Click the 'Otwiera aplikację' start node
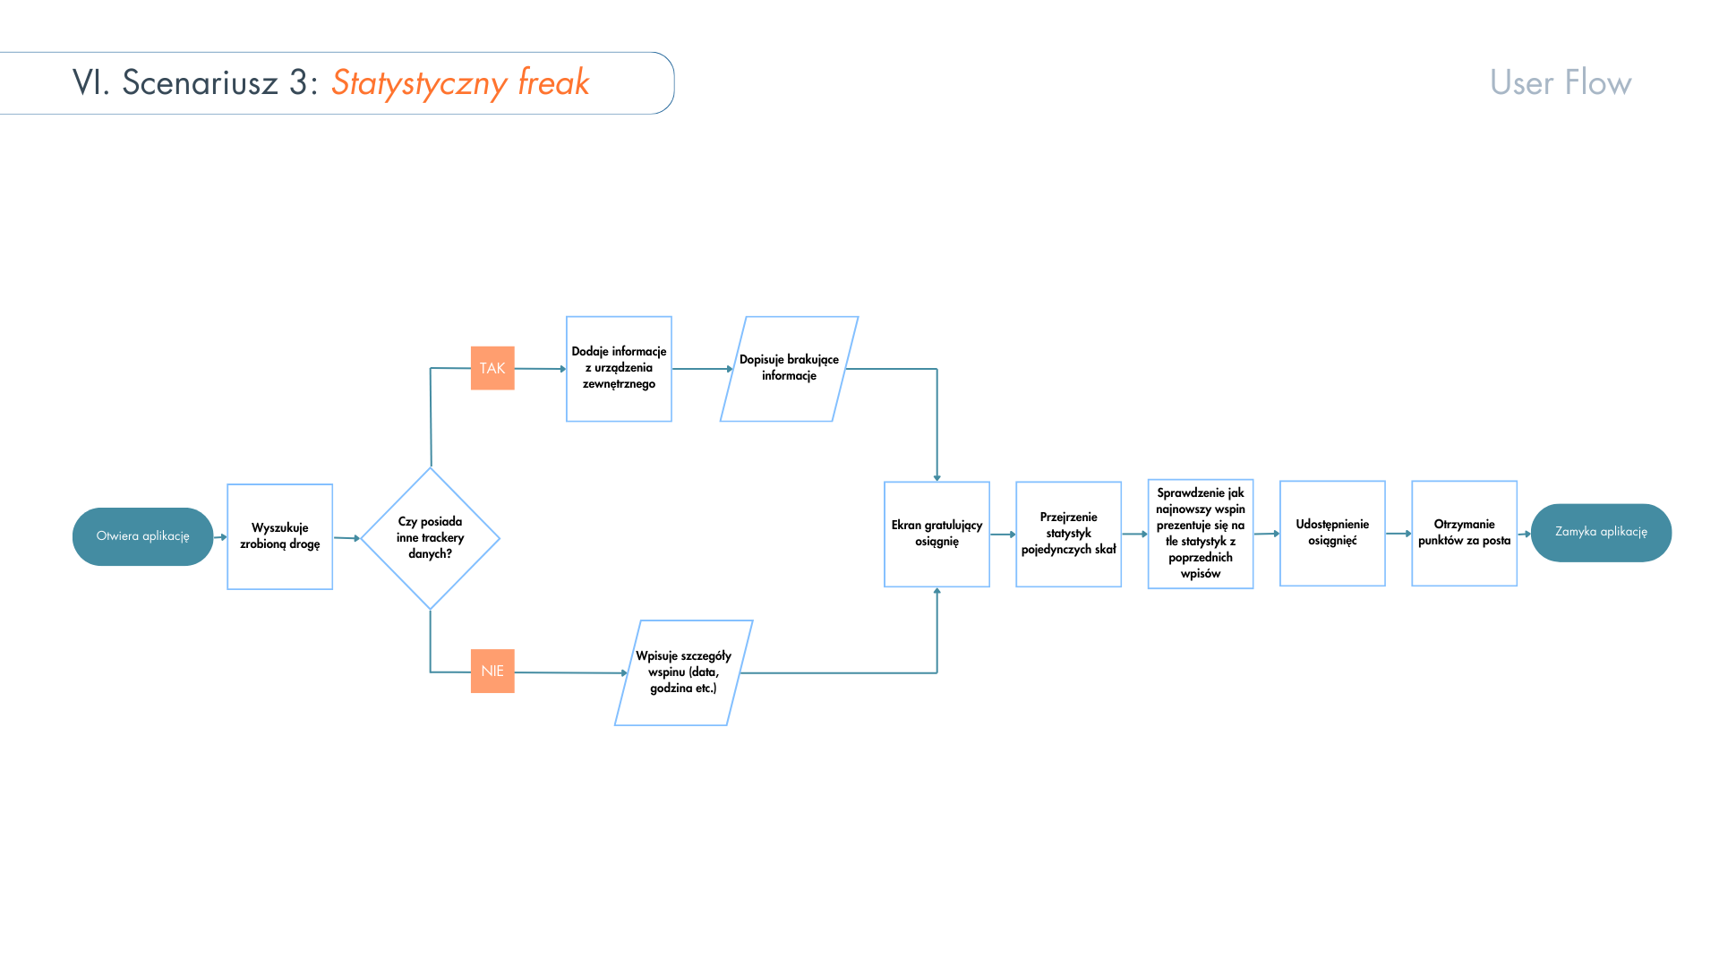[x=142, y=536]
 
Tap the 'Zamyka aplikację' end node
[x=1601, y=533]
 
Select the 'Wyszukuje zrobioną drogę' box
[x=279, y=536]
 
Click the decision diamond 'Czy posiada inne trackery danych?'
[x=430, y=538]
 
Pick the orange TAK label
[x=492, y=368]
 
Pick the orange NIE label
[x=492, y=671]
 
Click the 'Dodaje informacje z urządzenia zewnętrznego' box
[x=619, y=368]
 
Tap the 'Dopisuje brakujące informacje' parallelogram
[x=789, y=368]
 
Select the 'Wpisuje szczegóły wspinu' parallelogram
[x=683, y=672]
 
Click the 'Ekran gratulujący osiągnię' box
[x=936, y=534]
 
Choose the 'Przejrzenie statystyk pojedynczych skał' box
[x=1068, y=534]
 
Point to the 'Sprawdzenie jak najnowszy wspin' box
[x=1200, y=534]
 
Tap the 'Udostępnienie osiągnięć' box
[x=1332, y=533]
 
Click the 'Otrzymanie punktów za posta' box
[x=1464, y=533]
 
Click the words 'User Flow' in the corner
[x=1561, y=82]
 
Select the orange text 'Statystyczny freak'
[x=460, y=82]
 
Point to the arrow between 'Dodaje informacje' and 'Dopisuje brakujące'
[x=702, y=368]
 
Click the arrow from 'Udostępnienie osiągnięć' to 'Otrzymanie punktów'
[x=1398, y=534]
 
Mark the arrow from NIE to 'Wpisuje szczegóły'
[x=569, y=672]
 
